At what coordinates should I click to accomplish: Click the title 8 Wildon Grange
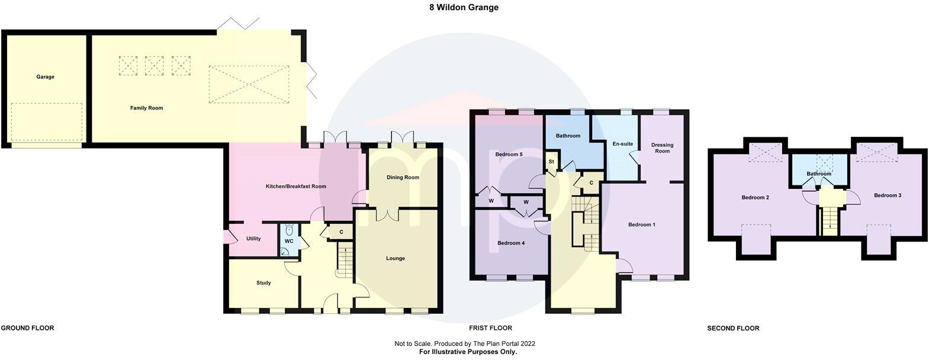(464, 8)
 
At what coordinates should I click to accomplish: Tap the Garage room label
(45, 77)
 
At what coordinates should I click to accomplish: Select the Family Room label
(146, 108)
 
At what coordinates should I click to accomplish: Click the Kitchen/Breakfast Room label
(295, 187)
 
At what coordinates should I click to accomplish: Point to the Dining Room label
(403, 178)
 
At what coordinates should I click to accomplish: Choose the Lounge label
(395, 258)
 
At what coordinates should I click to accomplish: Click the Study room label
(263, 283)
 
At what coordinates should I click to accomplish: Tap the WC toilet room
(289, 241)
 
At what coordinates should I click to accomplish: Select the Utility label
(253, 239)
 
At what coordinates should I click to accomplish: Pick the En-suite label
(616, 144)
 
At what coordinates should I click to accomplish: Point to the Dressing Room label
(662, 148)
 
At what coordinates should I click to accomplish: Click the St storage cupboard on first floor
(551, 162)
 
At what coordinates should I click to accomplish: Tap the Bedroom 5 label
(509, 155)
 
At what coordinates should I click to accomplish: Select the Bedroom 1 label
(642, 225)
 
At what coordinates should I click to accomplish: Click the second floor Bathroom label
(819, 173)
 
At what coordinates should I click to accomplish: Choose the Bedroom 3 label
(887, 195)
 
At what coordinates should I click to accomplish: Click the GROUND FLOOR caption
(27, 328)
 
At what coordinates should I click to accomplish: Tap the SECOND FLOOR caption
(733, 328)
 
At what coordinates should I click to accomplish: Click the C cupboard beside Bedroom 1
(591, 184)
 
